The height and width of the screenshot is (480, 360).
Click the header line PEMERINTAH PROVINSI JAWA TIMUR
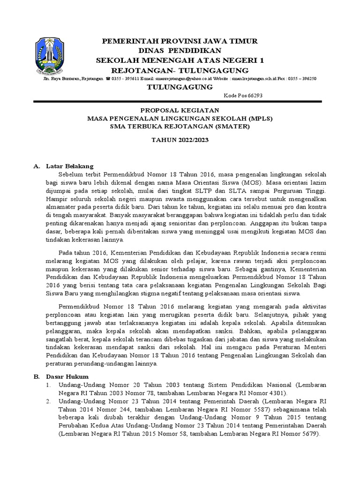pos(180,42)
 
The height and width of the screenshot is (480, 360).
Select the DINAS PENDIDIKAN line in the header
pos(180,51)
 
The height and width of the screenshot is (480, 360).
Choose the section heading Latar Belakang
pos(70,166)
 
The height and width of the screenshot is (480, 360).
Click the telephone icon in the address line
pos(108,79)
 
